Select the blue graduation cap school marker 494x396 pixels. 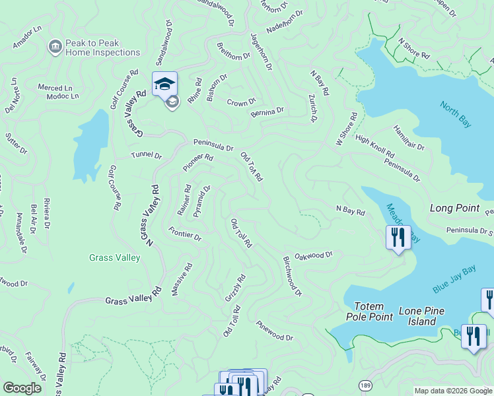click(164, 84)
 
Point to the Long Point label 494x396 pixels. click(454, 208)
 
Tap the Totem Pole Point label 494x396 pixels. click(373, 312)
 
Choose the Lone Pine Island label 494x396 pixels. click(421, 316)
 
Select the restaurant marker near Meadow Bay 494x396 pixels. click(398, 238)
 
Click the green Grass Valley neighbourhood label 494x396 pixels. click(115, 258)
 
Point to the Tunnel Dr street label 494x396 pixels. click(146, 156)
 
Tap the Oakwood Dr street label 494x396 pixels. click(314, 255)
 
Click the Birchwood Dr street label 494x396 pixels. click(292, 276)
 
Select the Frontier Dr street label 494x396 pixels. click(184, 233)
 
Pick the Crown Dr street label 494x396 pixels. click(241, 103)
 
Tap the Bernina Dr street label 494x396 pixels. click(267, 112)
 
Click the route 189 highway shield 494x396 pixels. click(364, 384)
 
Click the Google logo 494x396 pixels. click(22, 388)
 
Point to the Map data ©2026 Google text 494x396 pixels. click(452, 391)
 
